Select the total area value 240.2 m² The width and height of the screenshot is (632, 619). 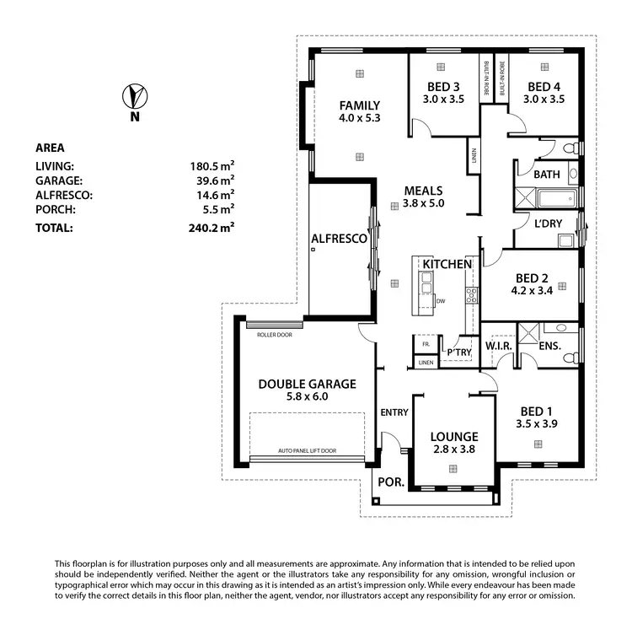(x=212, y=227)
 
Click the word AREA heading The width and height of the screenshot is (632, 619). (x=50, y=148)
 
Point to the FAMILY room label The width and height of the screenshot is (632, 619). (x=360, y=105)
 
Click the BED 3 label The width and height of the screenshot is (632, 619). (x=443, y=86)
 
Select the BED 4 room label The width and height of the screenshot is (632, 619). (x=544, y=86)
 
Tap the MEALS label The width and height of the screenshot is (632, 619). (x=423, y=191)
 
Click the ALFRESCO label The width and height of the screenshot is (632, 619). (x=339, y=239)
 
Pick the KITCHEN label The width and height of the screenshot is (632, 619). (x=447, y=264)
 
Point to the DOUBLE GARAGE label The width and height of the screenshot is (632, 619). (x=307, y=384)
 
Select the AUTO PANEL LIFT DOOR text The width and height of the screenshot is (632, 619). (x=307, y=451)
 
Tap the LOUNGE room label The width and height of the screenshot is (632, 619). (x=454, y=436)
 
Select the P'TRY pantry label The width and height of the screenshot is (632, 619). (x=459, y=352)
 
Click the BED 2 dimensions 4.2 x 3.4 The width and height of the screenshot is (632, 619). (x=532, y=291)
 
